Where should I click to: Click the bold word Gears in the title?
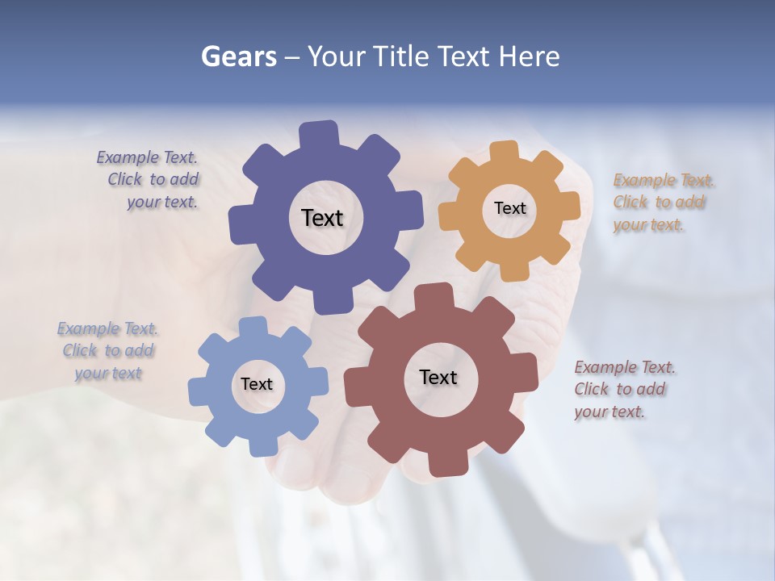coord(238,56)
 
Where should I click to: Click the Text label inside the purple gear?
coord(322,218)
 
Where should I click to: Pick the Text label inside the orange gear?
coord(509,208)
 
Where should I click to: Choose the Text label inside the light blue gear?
coord(257,385)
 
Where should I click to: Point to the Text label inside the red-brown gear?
coord(438,378)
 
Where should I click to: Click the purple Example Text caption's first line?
coord(147,157)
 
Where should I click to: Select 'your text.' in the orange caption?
coord(647,225)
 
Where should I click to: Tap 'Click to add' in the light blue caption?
coord(108,351)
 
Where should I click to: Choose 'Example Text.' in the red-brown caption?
coord(625,368)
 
